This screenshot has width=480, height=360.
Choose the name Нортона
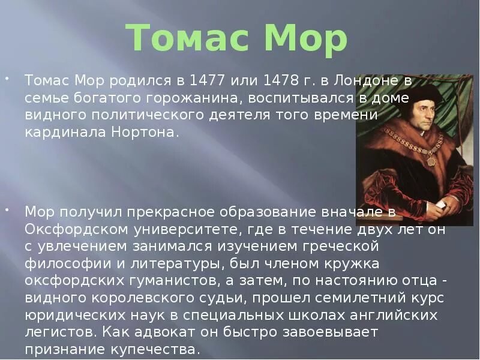[143, 132]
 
